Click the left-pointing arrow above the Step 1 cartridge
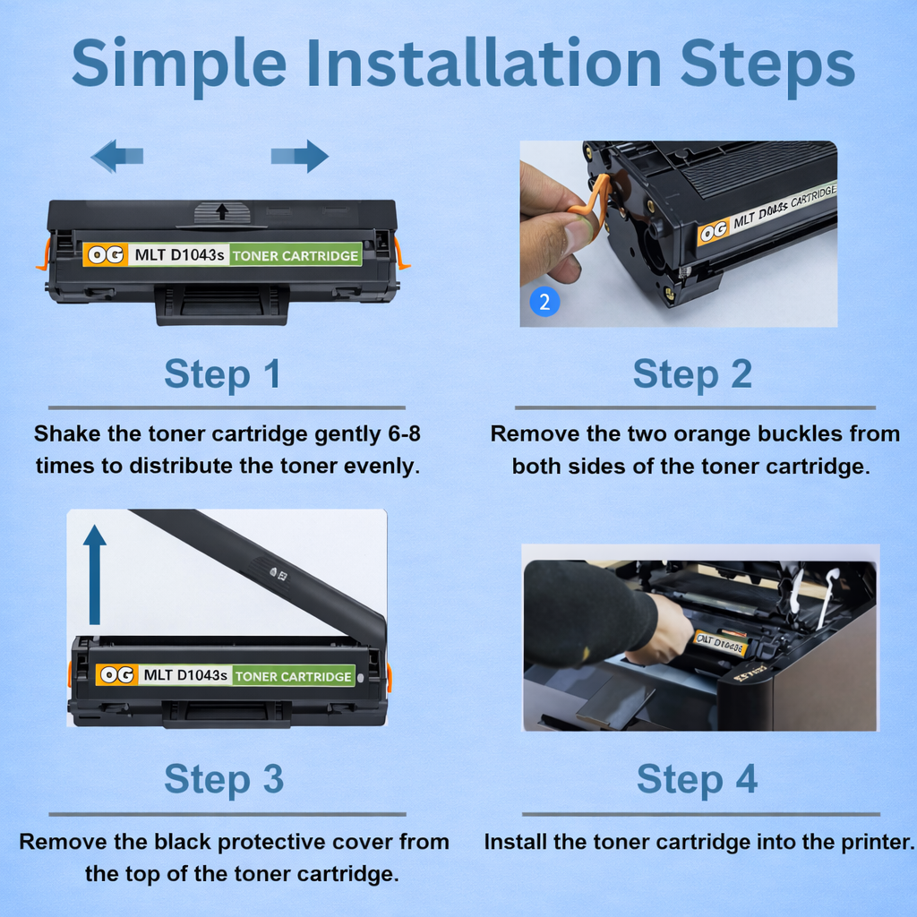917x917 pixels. point(116,156)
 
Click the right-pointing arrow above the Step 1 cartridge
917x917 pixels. point(300,156)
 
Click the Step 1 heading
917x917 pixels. point(222,374)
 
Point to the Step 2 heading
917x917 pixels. point(692,374)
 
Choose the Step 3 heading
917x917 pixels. point(223,779)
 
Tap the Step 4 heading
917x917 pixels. point(697,779)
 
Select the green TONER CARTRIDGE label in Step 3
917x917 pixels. point(294,676)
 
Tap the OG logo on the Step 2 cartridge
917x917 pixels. point(714,232)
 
